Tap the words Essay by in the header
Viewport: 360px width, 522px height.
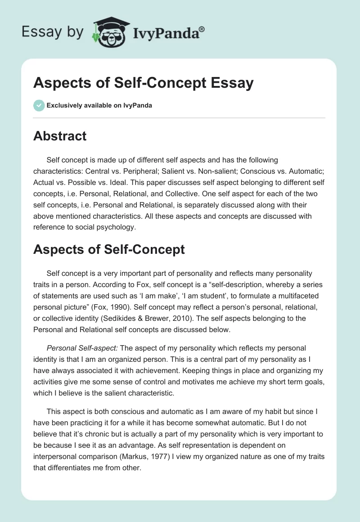coord(53,31)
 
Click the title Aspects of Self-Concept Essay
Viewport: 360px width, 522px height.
coord(144,83)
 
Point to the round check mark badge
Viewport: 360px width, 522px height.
coord(39,105)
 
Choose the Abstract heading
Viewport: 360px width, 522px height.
coord(60,136)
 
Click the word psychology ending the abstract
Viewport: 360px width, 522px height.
coord(117,227)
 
